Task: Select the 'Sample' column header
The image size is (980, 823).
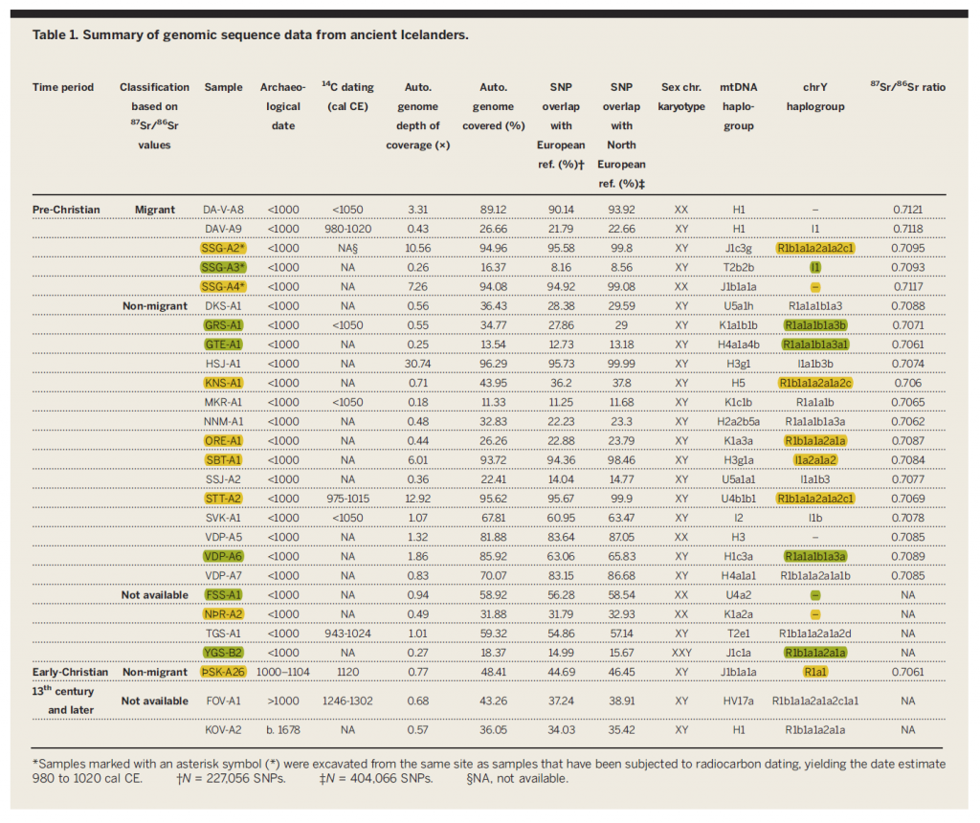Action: (223, 87)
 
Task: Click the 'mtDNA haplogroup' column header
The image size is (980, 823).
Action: (738, 106)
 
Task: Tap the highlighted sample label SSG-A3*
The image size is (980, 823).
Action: (223, 267)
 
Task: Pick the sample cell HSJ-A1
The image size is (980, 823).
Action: (223, 364)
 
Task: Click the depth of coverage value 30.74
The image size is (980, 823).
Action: (417, 364)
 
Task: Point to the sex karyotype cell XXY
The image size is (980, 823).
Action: (681, 653)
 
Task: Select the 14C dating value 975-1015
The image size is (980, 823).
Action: (347, 499)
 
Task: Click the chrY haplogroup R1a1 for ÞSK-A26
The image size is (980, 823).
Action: (815, 672)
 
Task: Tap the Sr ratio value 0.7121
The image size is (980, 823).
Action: (907, 210)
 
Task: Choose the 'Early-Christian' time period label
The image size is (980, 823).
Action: (70, 672)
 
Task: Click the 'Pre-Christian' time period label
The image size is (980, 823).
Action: (66, 210)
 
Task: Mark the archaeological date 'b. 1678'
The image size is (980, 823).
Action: (283, 729)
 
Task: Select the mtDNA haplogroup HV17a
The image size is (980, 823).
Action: (738, 701)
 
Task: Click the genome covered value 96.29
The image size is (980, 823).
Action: (493, 364)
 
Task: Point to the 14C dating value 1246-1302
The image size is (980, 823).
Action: (347, 701)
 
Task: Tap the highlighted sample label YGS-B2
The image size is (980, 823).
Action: (223, 653)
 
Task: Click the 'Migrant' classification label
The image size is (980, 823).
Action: (154, 210)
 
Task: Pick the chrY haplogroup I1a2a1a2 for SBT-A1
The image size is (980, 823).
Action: (815, 460)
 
